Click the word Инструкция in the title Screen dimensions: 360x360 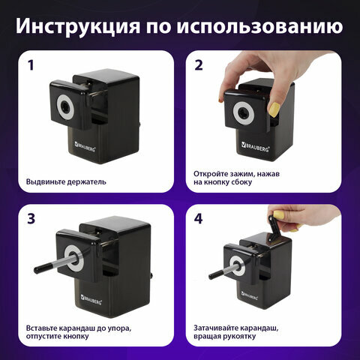(77, 25)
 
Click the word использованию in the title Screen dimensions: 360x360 (260, 25)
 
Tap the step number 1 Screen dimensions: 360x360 (31, 65)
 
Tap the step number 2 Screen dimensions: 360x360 (199, 65)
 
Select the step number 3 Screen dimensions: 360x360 (31, 219)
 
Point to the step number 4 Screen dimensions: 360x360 (199, 219)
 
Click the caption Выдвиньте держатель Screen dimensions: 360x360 (66, 181)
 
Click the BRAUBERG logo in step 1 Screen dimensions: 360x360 (85, 146)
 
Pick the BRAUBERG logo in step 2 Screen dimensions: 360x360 (255, 147)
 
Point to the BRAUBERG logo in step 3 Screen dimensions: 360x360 (91, 299)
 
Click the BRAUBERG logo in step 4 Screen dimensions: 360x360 (249, 295)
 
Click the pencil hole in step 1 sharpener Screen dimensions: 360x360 (66, 107)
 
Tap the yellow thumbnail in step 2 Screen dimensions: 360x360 (274, 109)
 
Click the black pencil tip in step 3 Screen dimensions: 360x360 (40, 269)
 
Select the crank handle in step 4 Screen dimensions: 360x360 (274, 229)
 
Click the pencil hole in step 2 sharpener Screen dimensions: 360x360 (243, 113)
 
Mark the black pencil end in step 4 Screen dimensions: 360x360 (213, 276)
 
